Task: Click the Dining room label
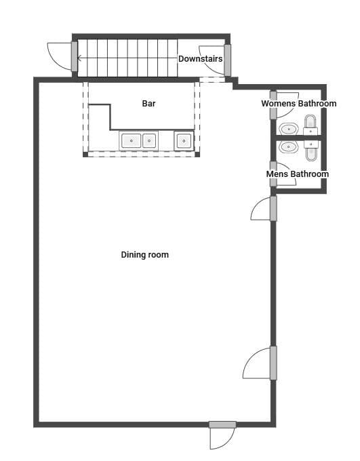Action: click(144, 255)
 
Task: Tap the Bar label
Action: click(149, 104)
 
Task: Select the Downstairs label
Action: click(200, 59)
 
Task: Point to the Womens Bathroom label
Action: click(298, 104)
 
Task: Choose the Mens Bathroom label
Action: click(298, 174)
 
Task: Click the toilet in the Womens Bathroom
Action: click(311, 124)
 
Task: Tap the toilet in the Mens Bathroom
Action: click(311, 151)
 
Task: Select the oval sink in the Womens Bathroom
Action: click(289, 129)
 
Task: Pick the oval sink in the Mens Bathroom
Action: click(289, 146)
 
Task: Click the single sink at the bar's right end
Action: click(184, 141)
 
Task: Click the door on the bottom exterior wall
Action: click(222, 435)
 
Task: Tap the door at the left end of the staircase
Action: click(62, 56)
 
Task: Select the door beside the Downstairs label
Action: click(215, 60)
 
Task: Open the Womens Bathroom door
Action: click(285, 105)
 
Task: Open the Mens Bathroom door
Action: click(283, 174)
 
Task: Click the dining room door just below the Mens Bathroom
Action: click(264, 209)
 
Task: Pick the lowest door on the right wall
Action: click(260, 363)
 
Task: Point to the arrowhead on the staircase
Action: click(79, 58)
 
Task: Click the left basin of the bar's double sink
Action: click(131, 141)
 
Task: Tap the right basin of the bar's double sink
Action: click(149, 141)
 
